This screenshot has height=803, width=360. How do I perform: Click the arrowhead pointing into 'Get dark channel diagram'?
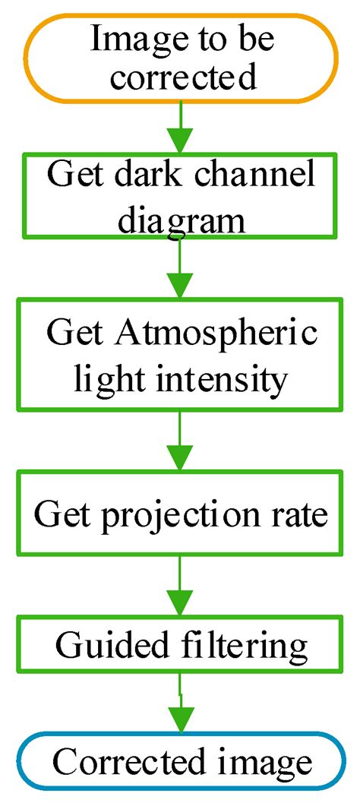click(x=180, y=142)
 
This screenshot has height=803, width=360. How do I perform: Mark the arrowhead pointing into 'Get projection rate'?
click(x=180, y=461)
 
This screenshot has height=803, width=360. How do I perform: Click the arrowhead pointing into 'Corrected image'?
click(x=180, y=722)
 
